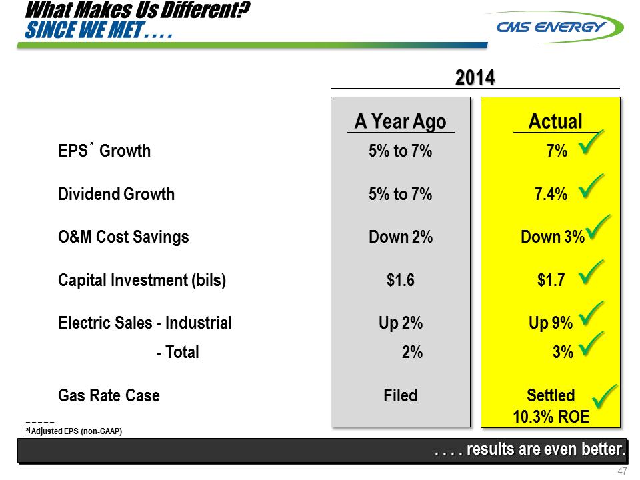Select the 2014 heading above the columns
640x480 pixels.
[475, 78]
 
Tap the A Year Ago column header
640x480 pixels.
[400, 122]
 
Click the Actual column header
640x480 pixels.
[555, 122]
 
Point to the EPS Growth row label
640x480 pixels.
[104, 151]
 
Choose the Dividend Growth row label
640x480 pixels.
[116, 194]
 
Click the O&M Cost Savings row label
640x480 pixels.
[123, 237]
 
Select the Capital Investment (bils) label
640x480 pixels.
[142, 281]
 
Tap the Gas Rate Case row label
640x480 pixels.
[109, 395]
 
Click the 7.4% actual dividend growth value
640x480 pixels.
[551, 195]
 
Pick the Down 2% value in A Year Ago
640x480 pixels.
[401, 237]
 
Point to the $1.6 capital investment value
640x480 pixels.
[401, 281]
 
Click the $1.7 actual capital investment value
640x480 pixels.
[551, 281]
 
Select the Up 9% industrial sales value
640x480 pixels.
[551, 323]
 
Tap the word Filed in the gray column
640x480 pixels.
[401, 395]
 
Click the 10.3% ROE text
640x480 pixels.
[551, 417]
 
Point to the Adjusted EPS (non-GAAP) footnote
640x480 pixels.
[75, 431]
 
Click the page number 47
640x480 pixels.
[623, 471]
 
